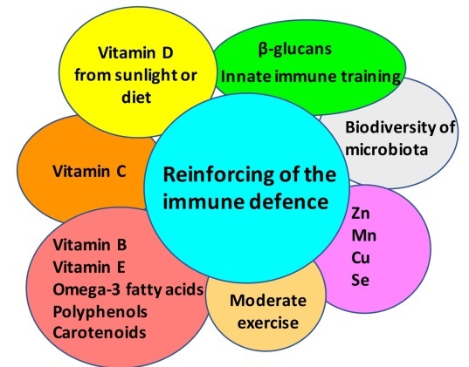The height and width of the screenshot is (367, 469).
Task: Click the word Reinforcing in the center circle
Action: (x=218, y=175)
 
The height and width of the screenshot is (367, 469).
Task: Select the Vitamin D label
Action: (x=135, y=53)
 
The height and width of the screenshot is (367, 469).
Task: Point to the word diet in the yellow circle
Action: (x=136, y=97)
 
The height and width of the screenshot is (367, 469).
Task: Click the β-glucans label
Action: (x=295, y=50)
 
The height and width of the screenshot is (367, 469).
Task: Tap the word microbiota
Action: (x=386, y=149)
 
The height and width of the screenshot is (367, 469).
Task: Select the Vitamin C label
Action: (x=89, y=172)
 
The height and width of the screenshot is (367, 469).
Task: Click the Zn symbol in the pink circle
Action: (x=361, y=214)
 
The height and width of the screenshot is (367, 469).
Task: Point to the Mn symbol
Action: (x=363, y=235)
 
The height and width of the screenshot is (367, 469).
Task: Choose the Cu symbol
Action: (x=361, y=257)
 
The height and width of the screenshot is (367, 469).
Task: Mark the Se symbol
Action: (x=360, y=280)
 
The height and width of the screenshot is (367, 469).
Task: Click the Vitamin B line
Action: (x=90, y=245)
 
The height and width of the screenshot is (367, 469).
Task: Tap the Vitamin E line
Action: (x=89, y=267)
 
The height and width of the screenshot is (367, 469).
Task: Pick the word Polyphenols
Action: (x=100, y=312)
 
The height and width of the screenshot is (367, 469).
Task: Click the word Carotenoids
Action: (x=100, y=333)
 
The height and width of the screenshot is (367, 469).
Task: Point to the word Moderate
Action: (x=268, y=300)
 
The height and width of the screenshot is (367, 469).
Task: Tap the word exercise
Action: (x=268, y=323)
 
